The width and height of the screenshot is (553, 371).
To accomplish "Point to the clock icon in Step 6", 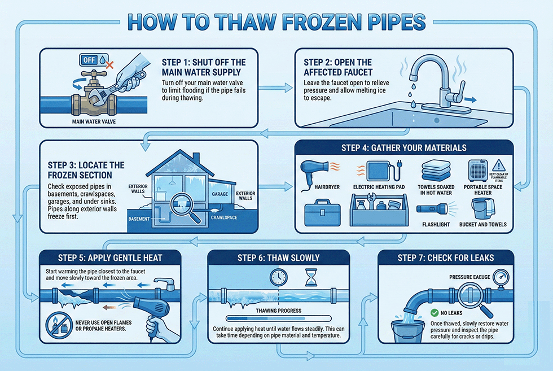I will coord(279,277).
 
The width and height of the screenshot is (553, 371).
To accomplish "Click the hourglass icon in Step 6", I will coord(310,277).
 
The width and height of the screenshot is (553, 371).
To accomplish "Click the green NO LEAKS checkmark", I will coord(434,312).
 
